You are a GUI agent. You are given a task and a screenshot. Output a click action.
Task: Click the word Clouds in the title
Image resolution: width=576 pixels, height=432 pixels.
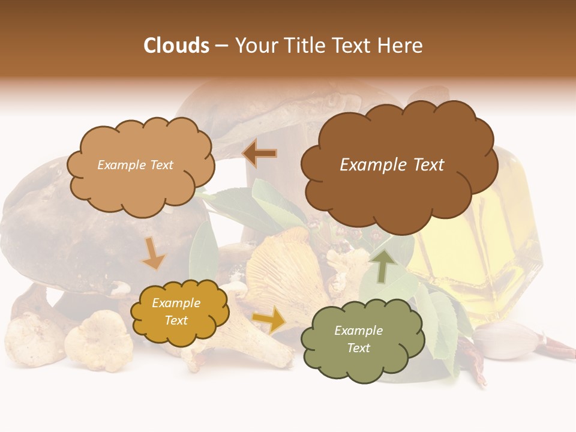176,46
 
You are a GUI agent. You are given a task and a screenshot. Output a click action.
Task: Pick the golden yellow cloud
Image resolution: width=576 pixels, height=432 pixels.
179,311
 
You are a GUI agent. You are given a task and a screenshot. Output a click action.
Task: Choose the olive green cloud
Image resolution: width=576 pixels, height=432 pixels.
358,340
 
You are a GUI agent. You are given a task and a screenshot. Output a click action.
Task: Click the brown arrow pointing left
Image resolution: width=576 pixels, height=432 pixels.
259,154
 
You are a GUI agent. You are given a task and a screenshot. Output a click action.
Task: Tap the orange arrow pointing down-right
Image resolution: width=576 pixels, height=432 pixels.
154,254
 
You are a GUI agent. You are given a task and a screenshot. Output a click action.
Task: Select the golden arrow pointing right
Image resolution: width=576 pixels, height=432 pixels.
269,320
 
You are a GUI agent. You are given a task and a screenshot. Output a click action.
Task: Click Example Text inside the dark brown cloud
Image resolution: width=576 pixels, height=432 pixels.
392,165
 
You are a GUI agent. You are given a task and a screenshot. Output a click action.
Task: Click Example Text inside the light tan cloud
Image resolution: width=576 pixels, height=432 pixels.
135,165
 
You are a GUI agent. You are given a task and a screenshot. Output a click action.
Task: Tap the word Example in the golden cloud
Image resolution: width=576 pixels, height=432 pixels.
176,303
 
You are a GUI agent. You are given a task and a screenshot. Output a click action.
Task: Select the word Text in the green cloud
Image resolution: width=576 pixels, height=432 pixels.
358,348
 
